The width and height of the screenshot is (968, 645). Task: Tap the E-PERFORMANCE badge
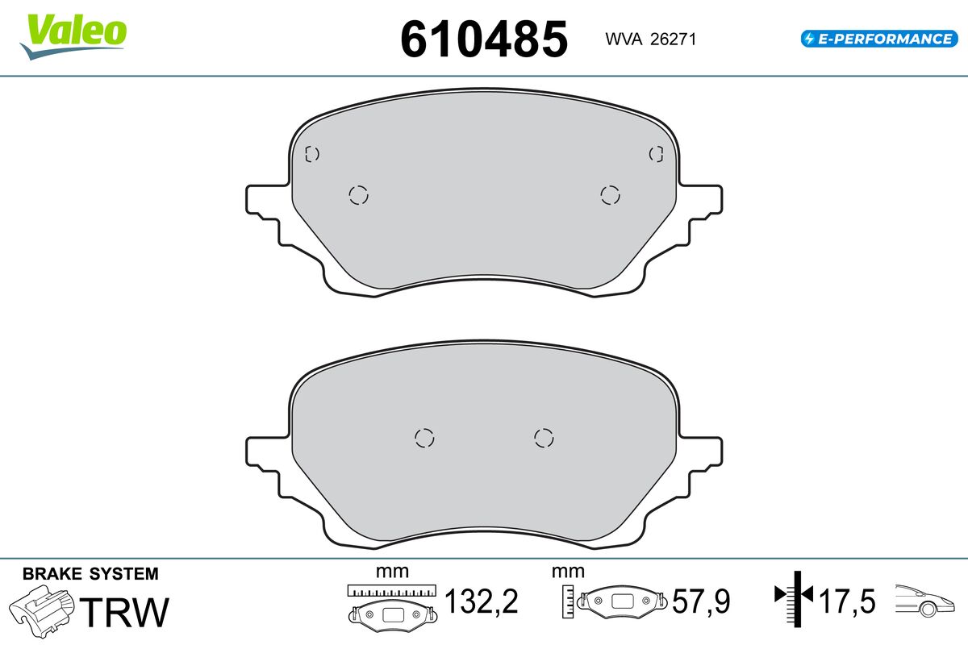click(x=878, y=38)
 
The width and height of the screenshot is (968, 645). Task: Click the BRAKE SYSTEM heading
click(x=90, y=574)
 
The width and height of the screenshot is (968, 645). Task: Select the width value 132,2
click(x=481, y=601)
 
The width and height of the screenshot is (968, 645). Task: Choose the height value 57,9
click(x=701, y=601)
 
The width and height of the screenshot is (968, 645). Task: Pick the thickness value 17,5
click(x=847, y=601)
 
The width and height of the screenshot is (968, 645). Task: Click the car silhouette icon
click(x=927, y=601)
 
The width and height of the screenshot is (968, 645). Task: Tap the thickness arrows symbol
click(x=795, y=597)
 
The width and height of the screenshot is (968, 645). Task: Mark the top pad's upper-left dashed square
click(x=312, y=154)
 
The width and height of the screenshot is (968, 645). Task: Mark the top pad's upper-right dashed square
click(x=657, y=153)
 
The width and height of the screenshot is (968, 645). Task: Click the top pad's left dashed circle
click(x=358, y=194)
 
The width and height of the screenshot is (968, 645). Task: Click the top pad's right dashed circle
click(x=610, y=194)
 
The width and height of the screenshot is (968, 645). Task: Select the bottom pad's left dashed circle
click(x=424, y=437)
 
